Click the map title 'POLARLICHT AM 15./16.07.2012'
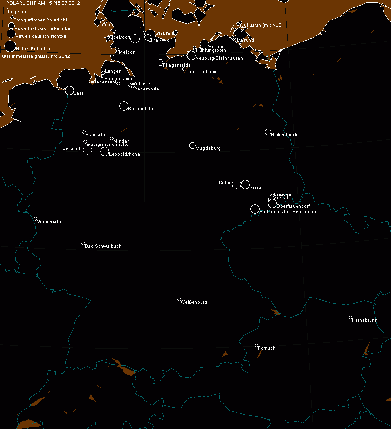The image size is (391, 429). coord(36,3)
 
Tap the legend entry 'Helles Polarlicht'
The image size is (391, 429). coord(34,48)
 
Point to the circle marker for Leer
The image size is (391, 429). coord(69,90)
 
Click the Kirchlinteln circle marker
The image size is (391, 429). coord(124,106)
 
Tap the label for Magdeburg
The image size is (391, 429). coord(208,148)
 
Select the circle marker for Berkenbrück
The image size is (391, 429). coord(268,132)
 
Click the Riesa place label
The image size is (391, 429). coord(255,187)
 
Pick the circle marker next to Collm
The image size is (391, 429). coord(236,184)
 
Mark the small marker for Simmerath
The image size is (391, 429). coord(35,218)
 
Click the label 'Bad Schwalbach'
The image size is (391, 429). coord(103,246)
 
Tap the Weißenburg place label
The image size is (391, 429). coord(195,302)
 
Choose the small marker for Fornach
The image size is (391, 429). coord(256,346)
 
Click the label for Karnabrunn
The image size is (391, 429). coord(364,321)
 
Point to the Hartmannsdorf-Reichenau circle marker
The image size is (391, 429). coord(255,209)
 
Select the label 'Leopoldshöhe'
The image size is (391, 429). coord(124,154)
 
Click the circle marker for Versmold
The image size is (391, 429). coord(88,150)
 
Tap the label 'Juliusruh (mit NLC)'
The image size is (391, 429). coord(263,25)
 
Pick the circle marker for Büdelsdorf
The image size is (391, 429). coord(135,38)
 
